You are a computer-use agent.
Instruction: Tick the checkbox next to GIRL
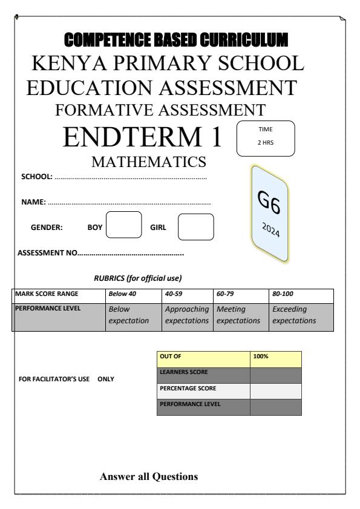point(195,227)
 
